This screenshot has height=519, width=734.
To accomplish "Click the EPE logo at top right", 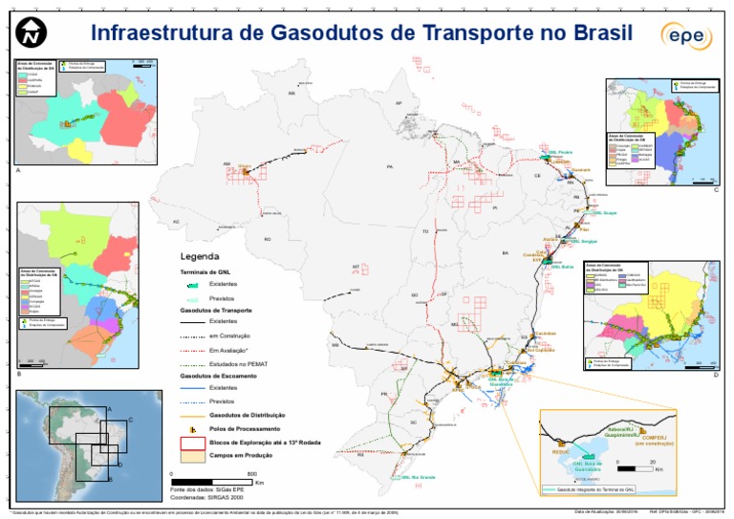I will click(685, 35).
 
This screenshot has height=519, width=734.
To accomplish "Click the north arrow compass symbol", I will click(32, 33).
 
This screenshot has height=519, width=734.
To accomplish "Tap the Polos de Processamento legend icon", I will click(191, 429).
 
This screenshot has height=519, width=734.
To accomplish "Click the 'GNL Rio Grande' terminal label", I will click(418, 476).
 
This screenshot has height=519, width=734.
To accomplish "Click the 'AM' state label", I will click(227, 164).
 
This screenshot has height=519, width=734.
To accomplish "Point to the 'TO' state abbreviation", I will click(424, 231).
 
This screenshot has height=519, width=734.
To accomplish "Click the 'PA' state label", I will click(389, 166).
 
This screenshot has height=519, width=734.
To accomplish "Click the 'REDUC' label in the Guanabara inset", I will click(561, 452).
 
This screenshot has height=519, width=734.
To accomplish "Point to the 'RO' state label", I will click(268, 239).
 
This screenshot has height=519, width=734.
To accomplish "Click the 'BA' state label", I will click(504, 252).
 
